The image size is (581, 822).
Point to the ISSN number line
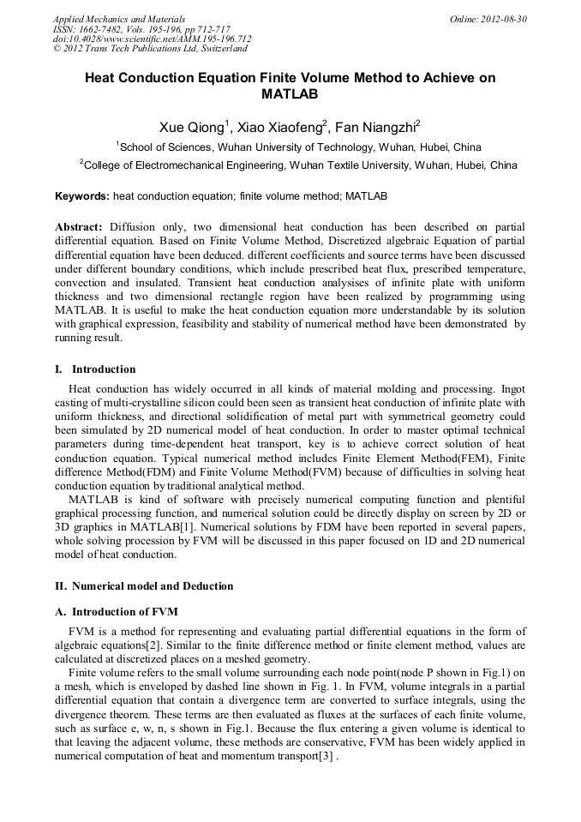pyautogui.click(x=141, y=29)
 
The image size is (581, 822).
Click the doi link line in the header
pyautogui.click(x=153, y=39)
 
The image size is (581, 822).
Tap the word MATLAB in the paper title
pyautogui.click(x=290, y=94)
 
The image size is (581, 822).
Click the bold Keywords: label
pyautogui.click(x=82, y=196)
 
